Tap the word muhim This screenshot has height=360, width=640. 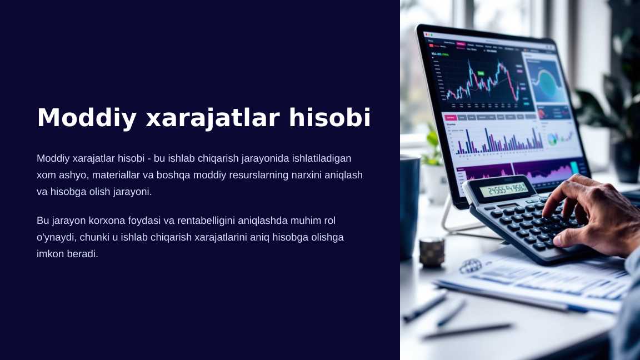(x=299, y=221)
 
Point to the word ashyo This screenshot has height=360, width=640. (x=73, y=175)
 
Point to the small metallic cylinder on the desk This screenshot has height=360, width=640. (x=432, y=251)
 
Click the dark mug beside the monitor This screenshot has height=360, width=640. (x=409, y=206)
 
